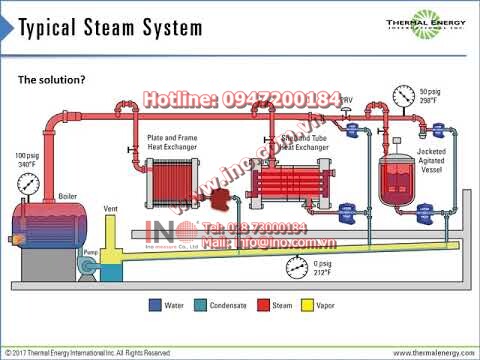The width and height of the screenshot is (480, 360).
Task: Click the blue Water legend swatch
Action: click(155, 304)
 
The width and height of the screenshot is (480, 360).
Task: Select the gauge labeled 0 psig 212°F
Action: click(297, 267)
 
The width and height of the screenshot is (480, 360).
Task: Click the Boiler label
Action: click(68, 196)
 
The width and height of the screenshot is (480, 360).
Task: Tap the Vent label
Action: click(111, 206)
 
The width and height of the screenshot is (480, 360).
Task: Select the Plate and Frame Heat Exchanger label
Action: click(171, 141)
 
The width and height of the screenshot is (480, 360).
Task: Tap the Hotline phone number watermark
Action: click(242, 100)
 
